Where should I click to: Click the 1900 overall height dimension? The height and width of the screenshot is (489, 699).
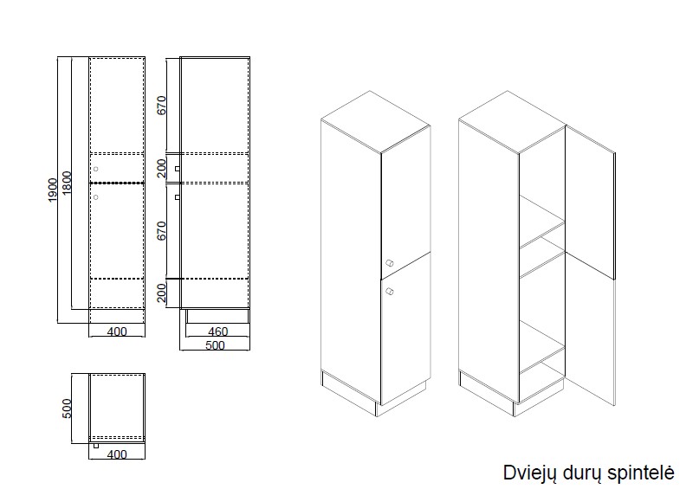53,190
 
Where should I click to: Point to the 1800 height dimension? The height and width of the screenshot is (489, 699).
67,183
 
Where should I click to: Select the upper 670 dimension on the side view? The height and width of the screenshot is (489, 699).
161,105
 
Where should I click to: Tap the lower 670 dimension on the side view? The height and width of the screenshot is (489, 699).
161,231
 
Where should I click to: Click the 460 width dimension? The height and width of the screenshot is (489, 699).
218,331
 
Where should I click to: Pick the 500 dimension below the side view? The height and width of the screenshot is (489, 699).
215,345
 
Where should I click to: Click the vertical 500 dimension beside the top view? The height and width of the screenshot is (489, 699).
67,409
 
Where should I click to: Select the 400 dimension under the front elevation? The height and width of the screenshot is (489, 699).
117,331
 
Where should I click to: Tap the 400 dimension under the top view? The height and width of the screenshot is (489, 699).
117,454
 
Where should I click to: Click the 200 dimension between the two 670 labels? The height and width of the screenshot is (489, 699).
161,169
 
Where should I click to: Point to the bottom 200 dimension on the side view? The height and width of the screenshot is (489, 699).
161,293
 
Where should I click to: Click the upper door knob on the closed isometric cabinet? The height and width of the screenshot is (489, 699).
389,263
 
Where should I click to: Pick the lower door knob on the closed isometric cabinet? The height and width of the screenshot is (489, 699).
389,292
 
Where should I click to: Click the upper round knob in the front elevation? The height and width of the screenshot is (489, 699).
95,169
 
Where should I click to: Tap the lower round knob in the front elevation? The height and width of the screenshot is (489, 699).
95,197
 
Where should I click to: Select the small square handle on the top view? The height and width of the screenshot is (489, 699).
96,446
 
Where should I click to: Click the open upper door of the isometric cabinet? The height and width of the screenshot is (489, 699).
590,203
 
